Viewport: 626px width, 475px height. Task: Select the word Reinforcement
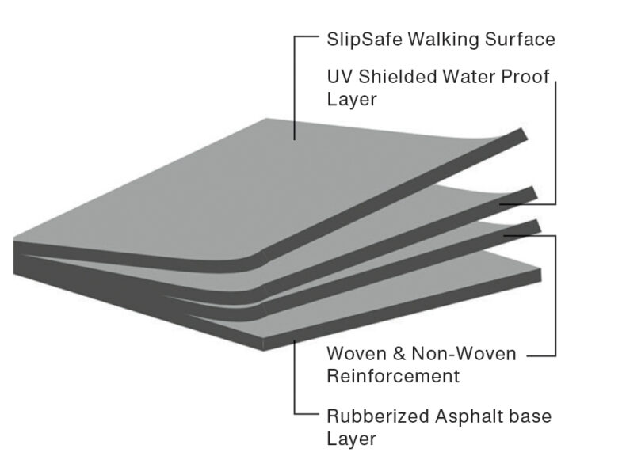coord(393,375)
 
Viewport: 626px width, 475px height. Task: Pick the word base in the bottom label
coord(529,416)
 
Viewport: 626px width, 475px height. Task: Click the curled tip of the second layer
coord(532,192)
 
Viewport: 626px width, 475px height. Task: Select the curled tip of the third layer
coord(534,226)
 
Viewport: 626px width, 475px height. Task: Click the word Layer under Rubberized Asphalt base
coord(350,438)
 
